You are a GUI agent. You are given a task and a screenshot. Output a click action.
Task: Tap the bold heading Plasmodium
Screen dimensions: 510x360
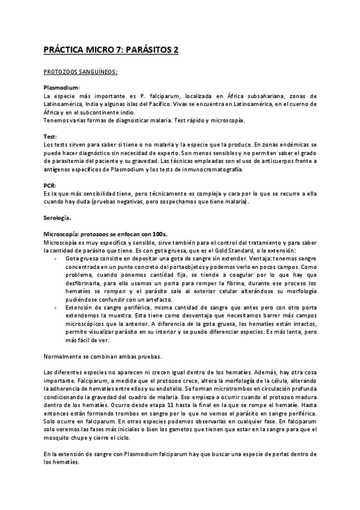point(61,88)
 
